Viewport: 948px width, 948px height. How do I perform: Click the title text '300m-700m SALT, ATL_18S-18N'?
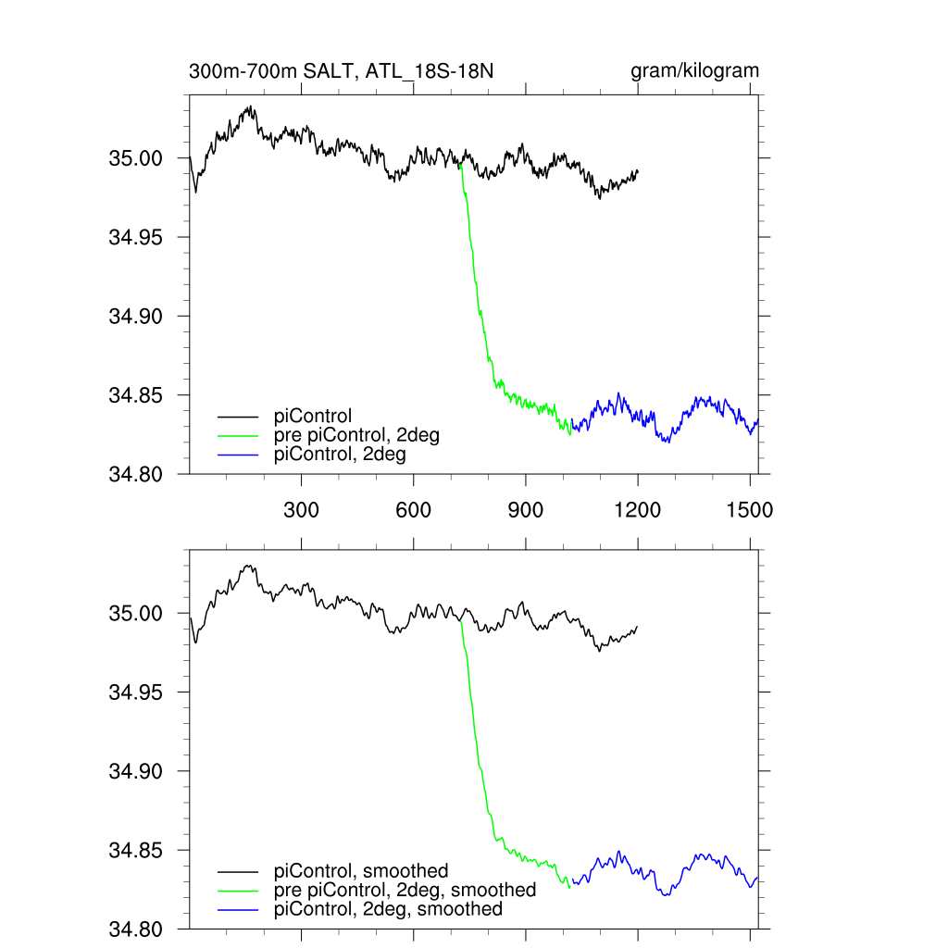346,71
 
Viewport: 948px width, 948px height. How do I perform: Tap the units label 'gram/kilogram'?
695,71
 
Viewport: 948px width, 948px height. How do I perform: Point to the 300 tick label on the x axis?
301,509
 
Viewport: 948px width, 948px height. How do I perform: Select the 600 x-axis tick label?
413,509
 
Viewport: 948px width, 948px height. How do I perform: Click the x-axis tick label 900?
525,509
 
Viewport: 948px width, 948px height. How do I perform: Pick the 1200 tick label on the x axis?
638,509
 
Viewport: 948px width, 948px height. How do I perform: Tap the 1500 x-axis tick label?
749,509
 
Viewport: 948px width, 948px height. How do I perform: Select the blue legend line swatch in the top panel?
237,455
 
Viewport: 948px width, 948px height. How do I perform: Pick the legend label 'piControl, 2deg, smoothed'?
389,909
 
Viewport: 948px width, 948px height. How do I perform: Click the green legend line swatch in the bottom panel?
237,891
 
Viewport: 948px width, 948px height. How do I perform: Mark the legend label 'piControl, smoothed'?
361,871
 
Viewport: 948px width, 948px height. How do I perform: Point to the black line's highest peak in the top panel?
250,107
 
